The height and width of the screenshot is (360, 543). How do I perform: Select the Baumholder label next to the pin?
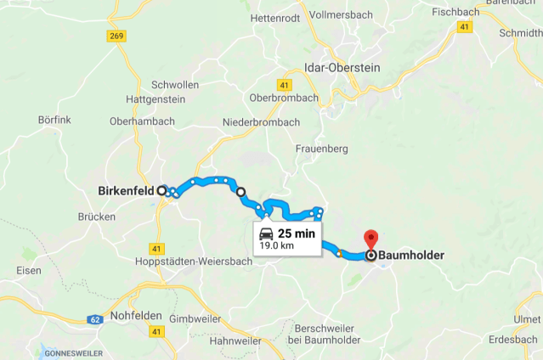(411, 254)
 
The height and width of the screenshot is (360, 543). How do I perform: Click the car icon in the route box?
(266, 233)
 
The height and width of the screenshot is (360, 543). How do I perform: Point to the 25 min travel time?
(296, 233)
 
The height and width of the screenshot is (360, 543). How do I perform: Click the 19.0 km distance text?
(276, 246)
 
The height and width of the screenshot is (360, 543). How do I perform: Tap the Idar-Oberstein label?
(342, 67)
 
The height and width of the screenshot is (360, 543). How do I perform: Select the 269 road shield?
(116, 36)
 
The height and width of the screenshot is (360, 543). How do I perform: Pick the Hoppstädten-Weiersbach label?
(194, 262)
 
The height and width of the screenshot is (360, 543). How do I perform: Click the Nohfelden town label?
(136, 315)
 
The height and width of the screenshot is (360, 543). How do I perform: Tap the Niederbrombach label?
(261, 122)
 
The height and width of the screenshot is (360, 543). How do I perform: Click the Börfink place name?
(54, 120)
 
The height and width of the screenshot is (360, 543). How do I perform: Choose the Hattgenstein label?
(156, 99)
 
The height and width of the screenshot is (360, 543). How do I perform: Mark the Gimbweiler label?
(195, 318)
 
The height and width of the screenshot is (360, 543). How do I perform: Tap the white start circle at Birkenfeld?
(161, 191)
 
